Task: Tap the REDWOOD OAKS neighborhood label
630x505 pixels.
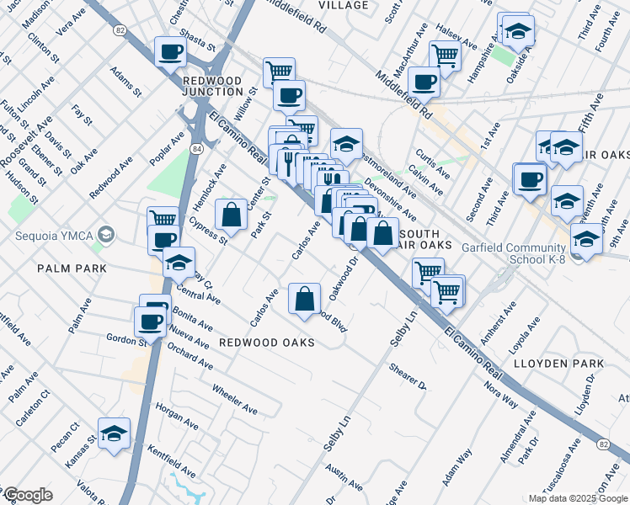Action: (x=267, y=343)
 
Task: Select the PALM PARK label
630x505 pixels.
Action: (x=72, y=268)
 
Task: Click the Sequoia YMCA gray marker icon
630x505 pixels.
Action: (x=105, y=233)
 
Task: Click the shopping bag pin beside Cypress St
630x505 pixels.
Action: (x=231, y=215)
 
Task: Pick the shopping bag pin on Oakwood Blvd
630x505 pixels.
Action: (x=304, y=298)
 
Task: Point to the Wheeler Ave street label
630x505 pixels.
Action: (x=234, y=400)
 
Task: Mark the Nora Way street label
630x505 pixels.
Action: (x=501, y=394)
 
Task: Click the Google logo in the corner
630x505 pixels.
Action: (x=28, y=495)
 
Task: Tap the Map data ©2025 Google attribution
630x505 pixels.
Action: (x=579, y=498)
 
